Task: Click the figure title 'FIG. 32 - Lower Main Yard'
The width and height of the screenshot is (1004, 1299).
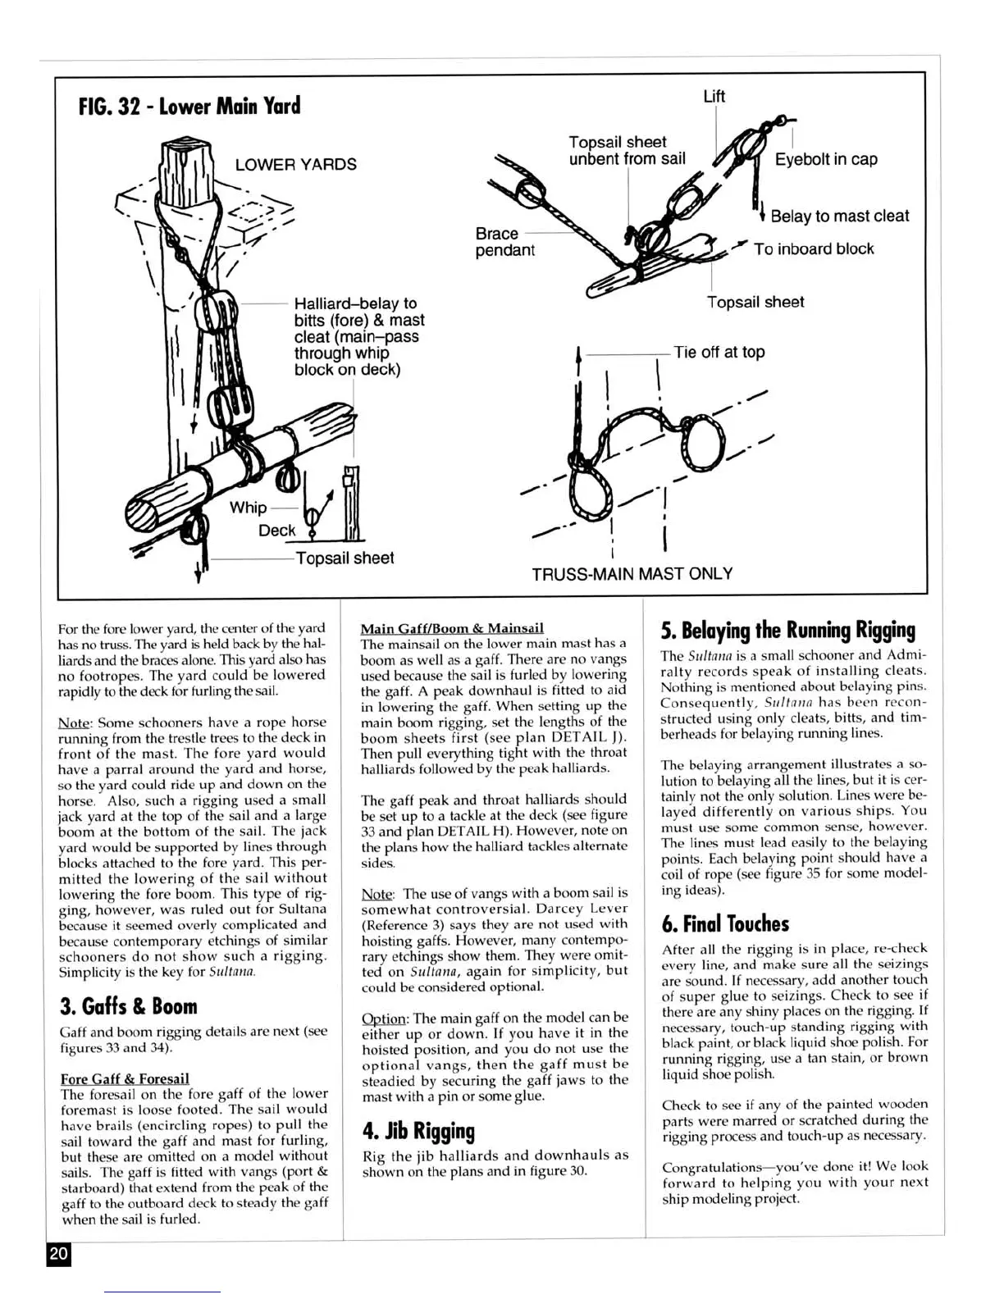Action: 189,107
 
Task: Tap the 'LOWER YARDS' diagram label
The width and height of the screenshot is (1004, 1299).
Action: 295,164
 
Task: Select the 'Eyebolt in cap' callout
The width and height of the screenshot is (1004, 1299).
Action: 826,159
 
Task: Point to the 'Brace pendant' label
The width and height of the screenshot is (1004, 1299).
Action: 504,241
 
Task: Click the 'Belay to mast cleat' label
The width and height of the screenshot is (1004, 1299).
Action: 840,216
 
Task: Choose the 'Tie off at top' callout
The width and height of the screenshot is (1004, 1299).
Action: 719,353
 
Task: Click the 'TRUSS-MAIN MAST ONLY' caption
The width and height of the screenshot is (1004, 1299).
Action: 632,574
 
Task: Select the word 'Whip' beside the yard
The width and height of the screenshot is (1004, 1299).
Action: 248,508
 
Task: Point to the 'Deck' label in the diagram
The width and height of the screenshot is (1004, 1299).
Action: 276,531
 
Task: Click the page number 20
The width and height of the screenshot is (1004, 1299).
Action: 59,1254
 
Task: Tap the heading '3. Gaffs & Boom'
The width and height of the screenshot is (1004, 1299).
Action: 129,1007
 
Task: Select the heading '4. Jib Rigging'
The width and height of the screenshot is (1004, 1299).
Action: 418,1132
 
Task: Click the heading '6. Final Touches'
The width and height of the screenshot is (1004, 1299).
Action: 725,924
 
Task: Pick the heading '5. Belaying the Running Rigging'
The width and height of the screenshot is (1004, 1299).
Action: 787,631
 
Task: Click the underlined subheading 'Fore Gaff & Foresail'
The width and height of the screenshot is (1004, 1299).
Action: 125,1078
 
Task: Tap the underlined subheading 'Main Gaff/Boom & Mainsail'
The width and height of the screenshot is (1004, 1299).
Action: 452,629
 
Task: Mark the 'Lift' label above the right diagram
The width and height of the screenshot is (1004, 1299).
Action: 714,97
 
